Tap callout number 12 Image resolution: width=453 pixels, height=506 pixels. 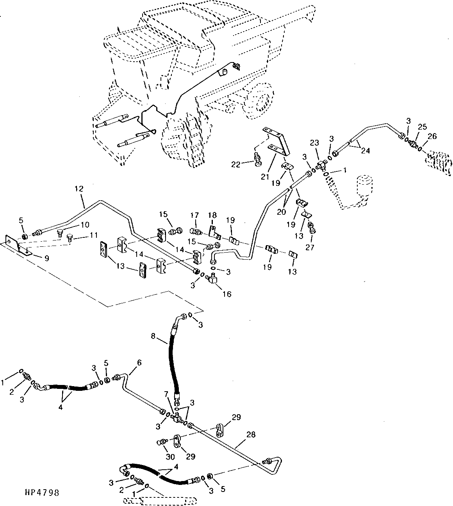[79, 189]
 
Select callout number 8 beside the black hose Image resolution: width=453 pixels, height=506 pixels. [153, 336]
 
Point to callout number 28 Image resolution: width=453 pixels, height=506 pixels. [251, 435]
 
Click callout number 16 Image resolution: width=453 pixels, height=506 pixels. [227, 294]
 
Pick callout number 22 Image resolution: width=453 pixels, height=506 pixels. [235, 165]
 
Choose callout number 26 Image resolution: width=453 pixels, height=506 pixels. [432, 136]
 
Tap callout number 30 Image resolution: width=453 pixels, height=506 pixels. [170, 457]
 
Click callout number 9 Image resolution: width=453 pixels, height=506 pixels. [47, 258]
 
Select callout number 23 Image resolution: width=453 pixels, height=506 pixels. [315, 143]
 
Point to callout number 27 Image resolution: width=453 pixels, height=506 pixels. [310, 247]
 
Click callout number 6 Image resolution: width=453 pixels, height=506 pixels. [139, 363]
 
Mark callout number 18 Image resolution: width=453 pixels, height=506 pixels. [212, 215]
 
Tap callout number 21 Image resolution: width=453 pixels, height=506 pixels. [265, 177]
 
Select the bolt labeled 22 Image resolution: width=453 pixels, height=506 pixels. [257, 159]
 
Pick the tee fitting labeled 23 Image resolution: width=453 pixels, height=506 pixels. [321, 165]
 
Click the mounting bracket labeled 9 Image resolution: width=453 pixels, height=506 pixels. [18, 245]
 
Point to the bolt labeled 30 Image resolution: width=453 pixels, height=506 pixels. [162, 442]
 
